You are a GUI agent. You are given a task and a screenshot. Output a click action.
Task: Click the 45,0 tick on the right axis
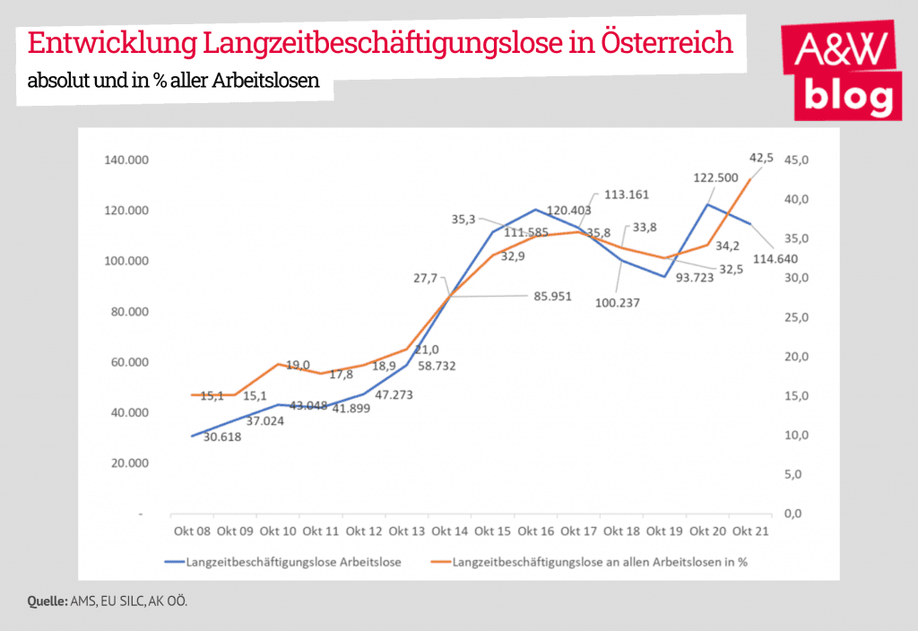pos(798,160)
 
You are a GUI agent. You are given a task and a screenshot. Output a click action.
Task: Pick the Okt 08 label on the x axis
pos(191,532)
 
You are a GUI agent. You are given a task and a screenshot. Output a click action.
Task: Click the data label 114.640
pos(776,259)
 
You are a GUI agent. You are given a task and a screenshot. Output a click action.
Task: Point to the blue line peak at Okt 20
pos(707,204)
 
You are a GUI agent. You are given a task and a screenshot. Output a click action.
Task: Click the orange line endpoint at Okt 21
pos(750,178)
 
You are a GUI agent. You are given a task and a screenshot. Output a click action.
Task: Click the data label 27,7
pos(425,278)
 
